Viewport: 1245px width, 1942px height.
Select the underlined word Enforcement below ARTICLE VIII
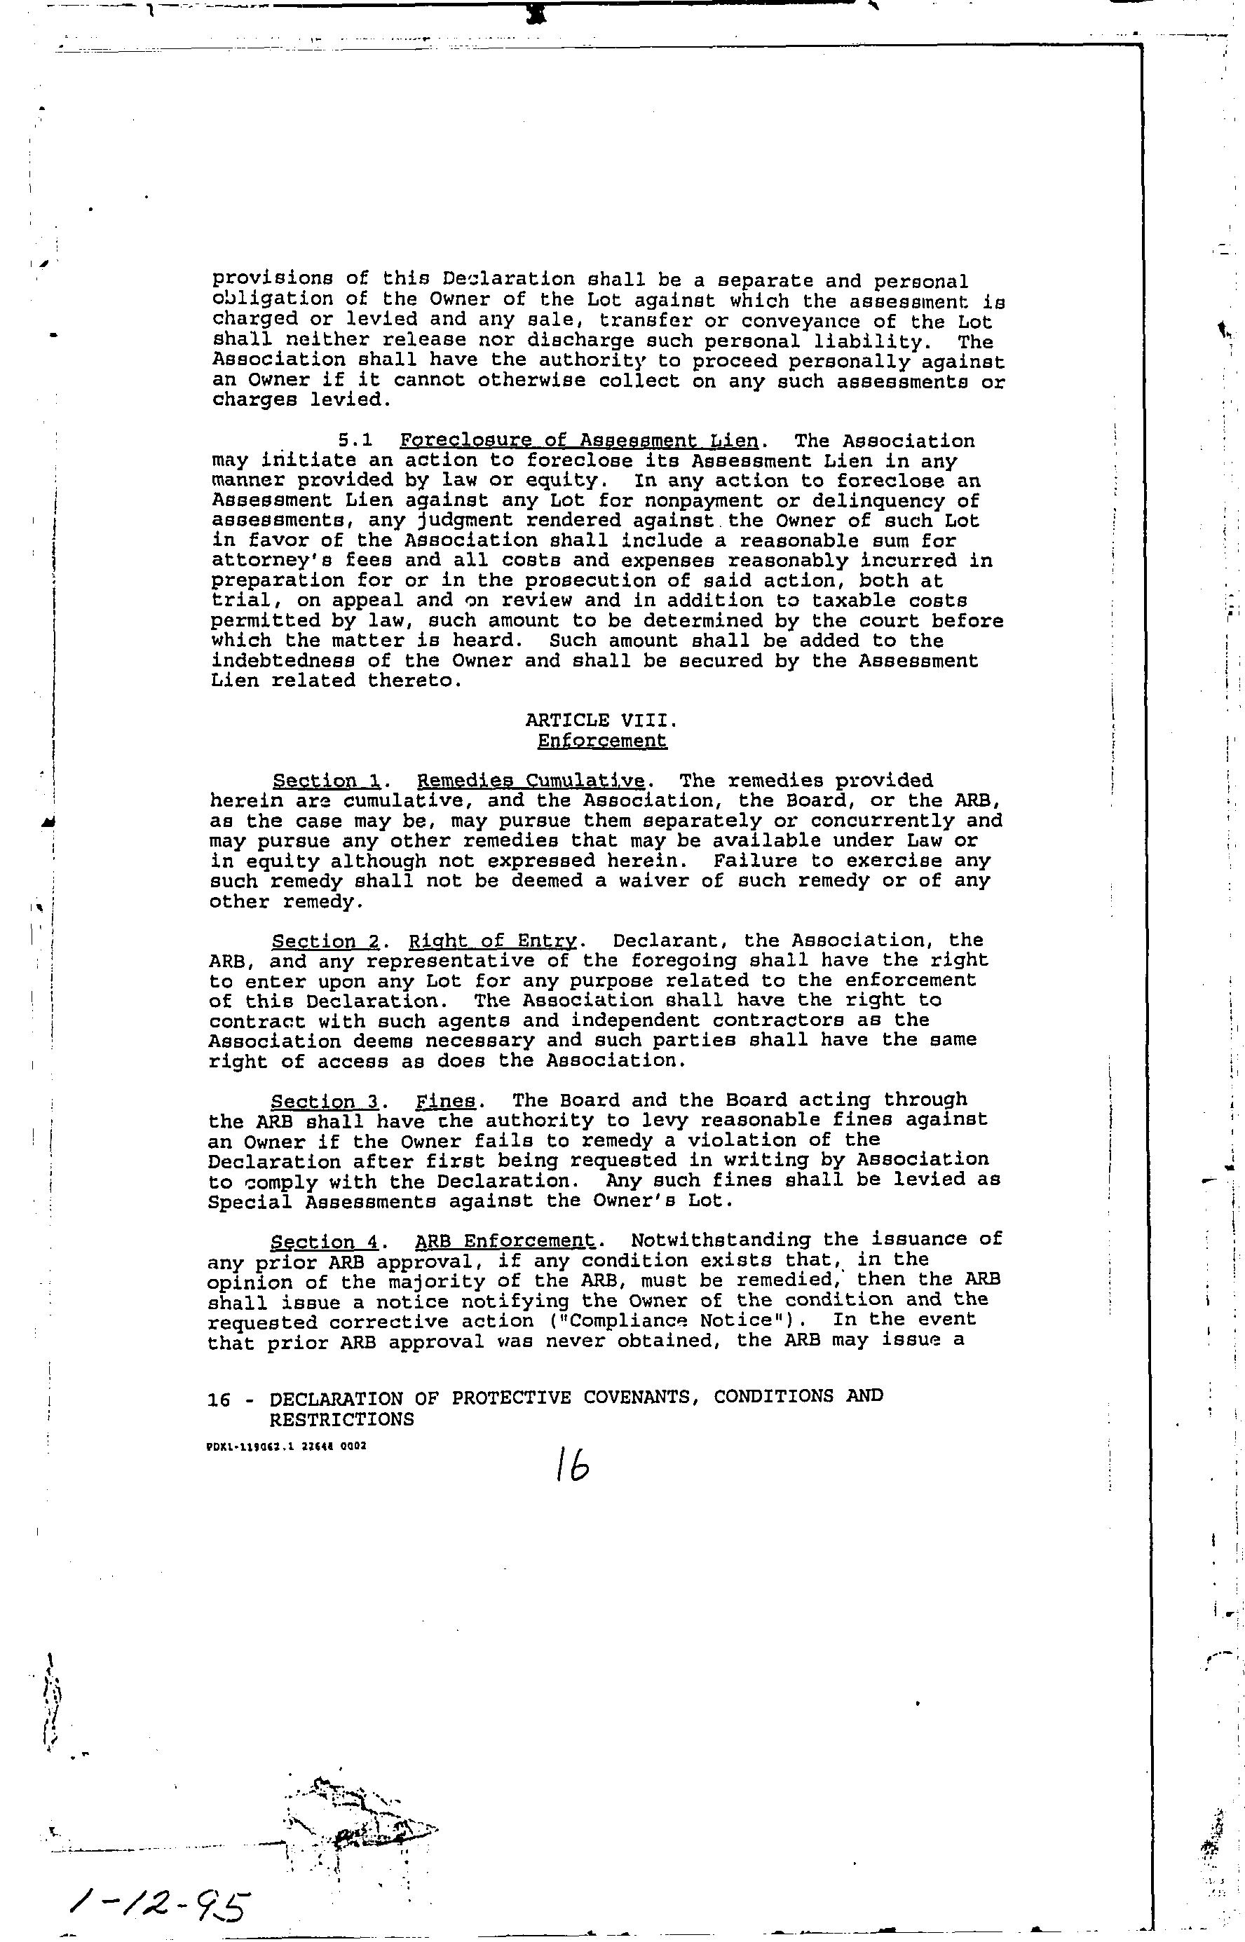602,740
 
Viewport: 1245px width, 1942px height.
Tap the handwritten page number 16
571,1463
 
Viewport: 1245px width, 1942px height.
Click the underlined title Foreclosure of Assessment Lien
579,442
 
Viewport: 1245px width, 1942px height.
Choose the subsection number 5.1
355,442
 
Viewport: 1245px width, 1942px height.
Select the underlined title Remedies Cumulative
531,781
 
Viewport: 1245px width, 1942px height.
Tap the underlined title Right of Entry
492,941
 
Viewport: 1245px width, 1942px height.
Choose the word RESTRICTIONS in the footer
341,1419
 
